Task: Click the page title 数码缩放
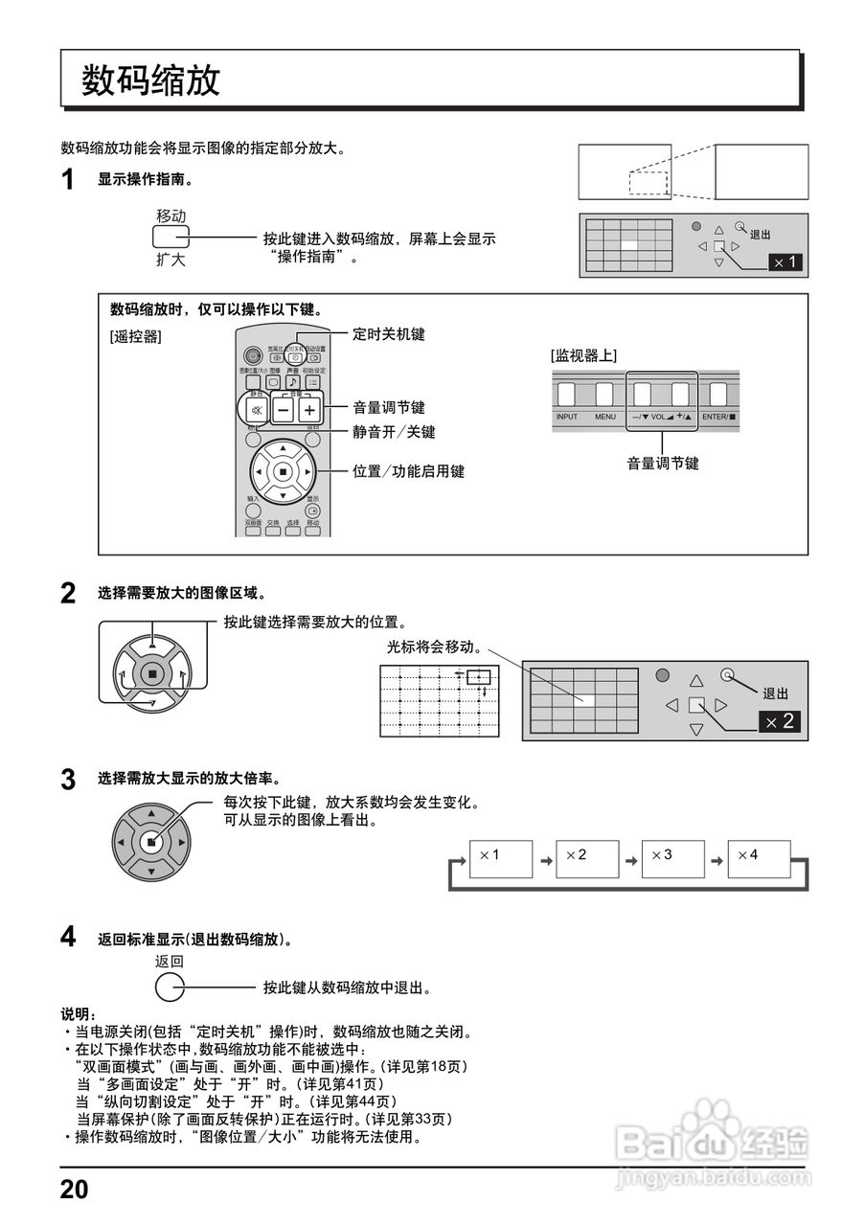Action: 151,80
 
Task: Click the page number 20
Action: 74,1190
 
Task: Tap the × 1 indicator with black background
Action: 785,261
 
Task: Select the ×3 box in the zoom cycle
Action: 672,859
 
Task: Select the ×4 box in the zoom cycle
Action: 759,859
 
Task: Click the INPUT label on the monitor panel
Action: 567,418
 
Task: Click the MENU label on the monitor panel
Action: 604,418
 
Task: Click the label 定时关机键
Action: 388,334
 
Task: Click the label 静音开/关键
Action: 394,432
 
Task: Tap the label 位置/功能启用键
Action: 408,471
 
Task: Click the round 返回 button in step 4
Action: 169,988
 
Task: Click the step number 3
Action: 68,780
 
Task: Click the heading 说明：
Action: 79,1014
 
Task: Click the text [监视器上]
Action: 583,355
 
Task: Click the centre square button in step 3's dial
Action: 150,842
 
